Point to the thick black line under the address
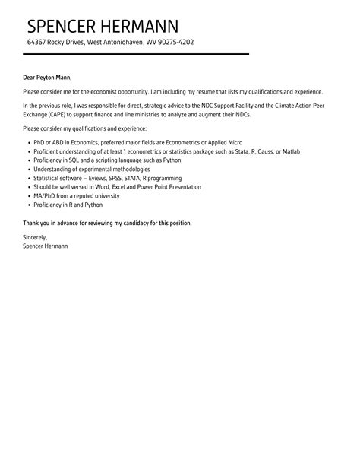click(x=136, y=54)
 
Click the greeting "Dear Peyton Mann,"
click(x=47, y=78)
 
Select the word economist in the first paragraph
click(x=109, y=91)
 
